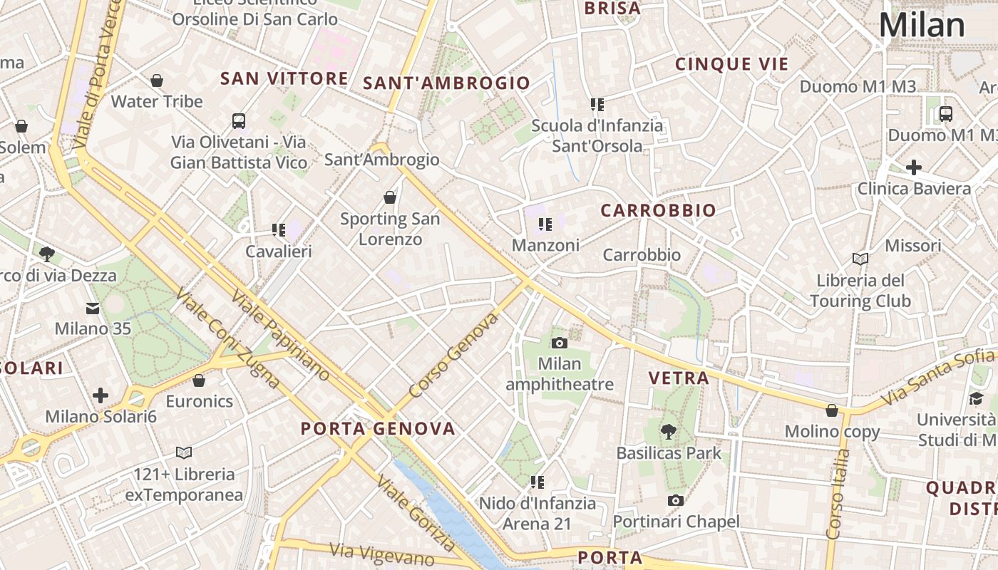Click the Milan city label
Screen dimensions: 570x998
(922, 26)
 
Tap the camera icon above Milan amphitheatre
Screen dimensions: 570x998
(560, 343)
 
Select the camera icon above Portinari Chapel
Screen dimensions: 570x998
(676, 501)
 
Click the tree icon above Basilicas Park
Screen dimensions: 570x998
(668, 431)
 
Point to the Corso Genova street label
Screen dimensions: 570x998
(453, 356)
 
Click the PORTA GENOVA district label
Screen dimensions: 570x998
(378, 429)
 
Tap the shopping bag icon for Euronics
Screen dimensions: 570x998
(199, 380)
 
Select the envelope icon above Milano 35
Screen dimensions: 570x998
(93, 309)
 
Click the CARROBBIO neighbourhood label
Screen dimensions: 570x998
(658, 211)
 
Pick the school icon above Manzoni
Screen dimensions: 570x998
(545, 224)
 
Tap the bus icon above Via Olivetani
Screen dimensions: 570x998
(239, 121)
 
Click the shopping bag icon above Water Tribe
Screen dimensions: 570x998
(157, 81)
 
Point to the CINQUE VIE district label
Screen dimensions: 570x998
(732, 64)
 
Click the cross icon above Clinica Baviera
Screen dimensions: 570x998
(914, 168)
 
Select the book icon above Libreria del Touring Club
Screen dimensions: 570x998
(860, 259)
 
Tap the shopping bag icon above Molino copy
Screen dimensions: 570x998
(832, 410)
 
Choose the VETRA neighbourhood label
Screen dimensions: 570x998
(679, 378)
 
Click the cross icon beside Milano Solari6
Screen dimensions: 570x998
(101, 395)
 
